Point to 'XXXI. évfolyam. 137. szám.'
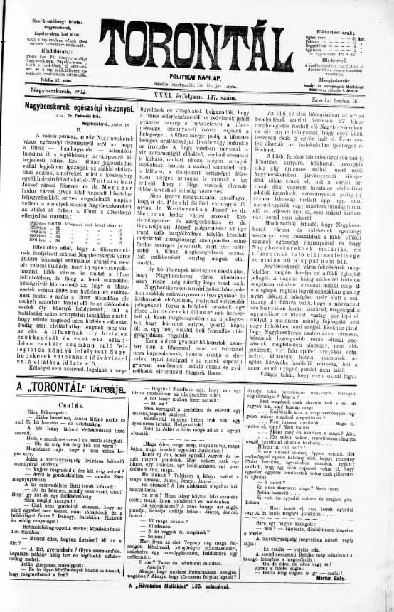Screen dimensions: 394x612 (x=199, y=91)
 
